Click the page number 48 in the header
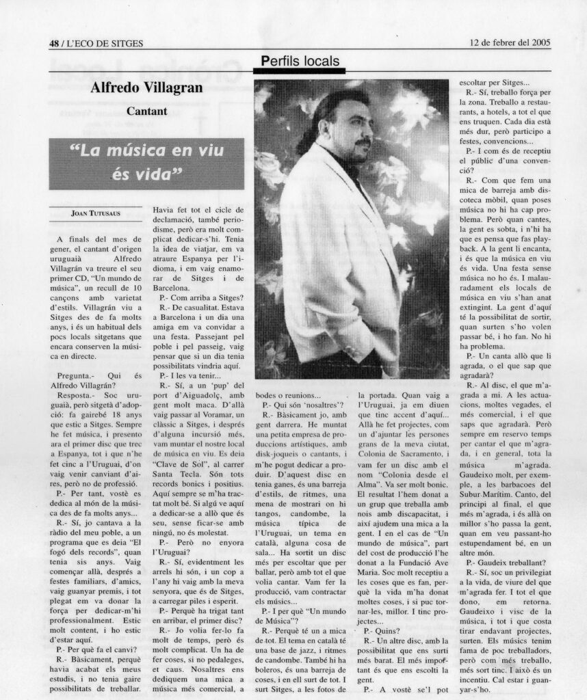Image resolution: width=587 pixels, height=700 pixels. [54, 43]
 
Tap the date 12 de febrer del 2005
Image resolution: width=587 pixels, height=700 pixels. [510, 42]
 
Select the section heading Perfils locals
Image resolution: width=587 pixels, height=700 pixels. [300, 62]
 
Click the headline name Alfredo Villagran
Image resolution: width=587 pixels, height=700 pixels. [147, 87]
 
